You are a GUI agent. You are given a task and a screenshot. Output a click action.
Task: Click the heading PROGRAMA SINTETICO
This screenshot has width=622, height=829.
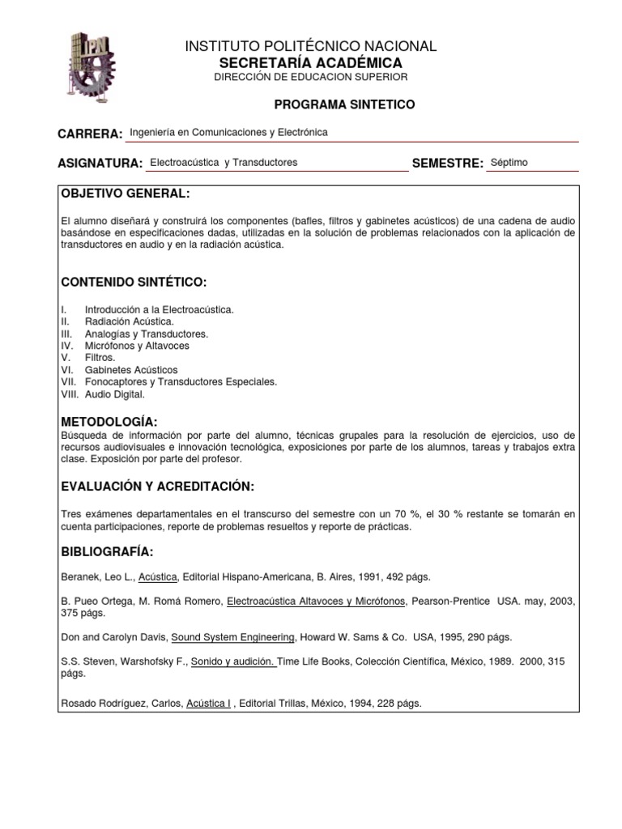344,104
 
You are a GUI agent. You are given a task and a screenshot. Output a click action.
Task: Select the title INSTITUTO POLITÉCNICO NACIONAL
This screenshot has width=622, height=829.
311,47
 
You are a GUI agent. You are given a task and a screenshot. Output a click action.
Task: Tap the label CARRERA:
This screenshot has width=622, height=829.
90,134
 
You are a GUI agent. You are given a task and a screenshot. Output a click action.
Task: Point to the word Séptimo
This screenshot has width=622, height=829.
509,163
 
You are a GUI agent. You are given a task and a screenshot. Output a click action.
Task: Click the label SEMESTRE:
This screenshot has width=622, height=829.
448,164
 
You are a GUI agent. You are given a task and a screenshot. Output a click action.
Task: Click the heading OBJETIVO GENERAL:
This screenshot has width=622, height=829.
126,194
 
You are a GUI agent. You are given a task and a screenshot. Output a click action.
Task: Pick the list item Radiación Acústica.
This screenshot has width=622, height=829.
130,321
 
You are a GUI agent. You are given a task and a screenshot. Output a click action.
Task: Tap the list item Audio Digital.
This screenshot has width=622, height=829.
115,394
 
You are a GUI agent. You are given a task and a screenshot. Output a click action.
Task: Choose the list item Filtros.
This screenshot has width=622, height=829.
100,358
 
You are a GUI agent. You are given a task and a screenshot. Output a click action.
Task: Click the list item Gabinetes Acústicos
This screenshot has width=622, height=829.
131,370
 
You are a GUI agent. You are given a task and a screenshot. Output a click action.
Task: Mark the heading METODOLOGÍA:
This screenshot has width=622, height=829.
109,423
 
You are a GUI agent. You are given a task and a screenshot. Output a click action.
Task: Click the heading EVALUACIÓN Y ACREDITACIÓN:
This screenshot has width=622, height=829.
158,486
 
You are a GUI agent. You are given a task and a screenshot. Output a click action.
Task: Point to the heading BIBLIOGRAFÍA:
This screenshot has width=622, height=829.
108,551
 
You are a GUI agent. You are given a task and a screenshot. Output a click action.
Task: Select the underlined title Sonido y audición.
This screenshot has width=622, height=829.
235,661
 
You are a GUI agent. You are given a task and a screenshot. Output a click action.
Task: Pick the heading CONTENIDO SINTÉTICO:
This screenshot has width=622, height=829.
134,282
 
